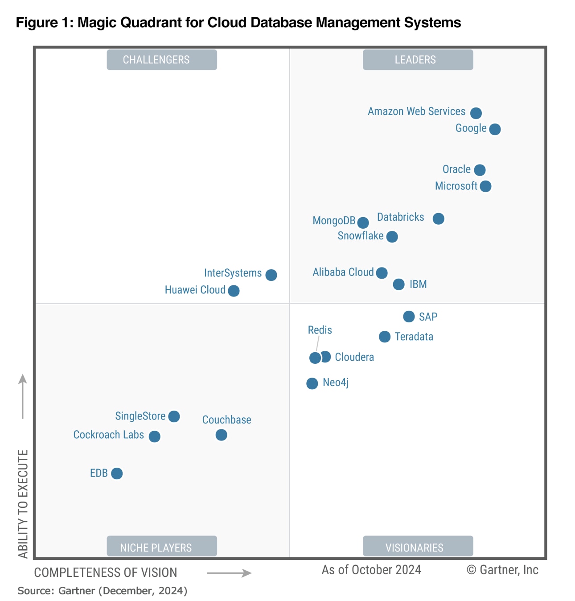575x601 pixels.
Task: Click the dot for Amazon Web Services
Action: pos(476,113)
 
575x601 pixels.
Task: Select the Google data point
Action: pos(495,129)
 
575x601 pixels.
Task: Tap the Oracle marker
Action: pos(480,170)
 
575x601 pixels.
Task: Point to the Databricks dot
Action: pos(439,218)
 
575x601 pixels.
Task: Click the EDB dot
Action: pos(117,473)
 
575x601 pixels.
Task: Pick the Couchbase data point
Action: pos(221,435)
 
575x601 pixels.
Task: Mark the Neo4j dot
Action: pos(312,383)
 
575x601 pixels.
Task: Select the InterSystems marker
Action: pos(271,275)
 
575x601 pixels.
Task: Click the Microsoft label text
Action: pos(456,186)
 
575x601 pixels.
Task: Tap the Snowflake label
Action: pos(360,236)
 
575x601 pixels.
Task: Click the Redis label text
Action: pos(320,330)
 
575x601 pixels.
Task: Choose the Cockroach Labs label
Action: pos(109,435)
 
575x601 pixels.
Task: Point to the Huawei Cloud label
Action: pos(195,290)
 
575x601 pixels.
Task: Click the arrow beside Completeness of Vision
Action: pos(229,573)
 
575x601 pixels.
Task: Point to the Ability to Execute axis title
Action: pos(23,504)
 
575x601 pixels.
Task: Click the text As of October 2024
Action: pos(371,570)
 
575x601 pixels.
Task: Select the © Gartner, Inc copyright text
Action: pos(502,570)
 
